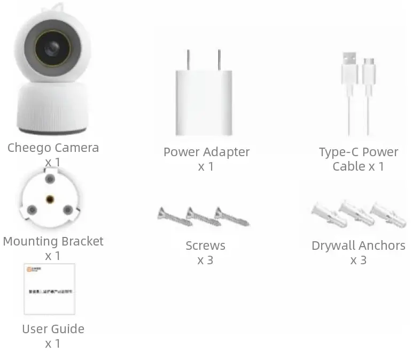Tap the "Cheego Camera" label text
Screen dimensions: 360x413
coord(53,148)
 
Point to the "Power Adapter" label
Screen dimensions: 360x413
coord(206,152)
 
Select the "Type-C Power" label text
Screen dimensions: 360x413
coord(358,152)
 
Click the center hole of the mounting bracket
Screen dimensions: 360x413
coord(50,199)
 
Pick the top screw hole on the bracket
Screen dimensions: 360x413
coord(50,178)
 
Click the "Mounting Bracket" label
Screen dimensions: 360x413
coord(53,241)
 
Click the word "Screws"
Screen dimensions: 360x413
coord(206,246)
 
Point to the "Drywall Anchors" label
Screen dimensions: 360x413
coord(358,246)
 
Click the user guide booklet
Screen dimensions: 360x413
coord(49,289)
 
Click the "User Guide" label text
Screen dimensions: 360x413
coord(53,329)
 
